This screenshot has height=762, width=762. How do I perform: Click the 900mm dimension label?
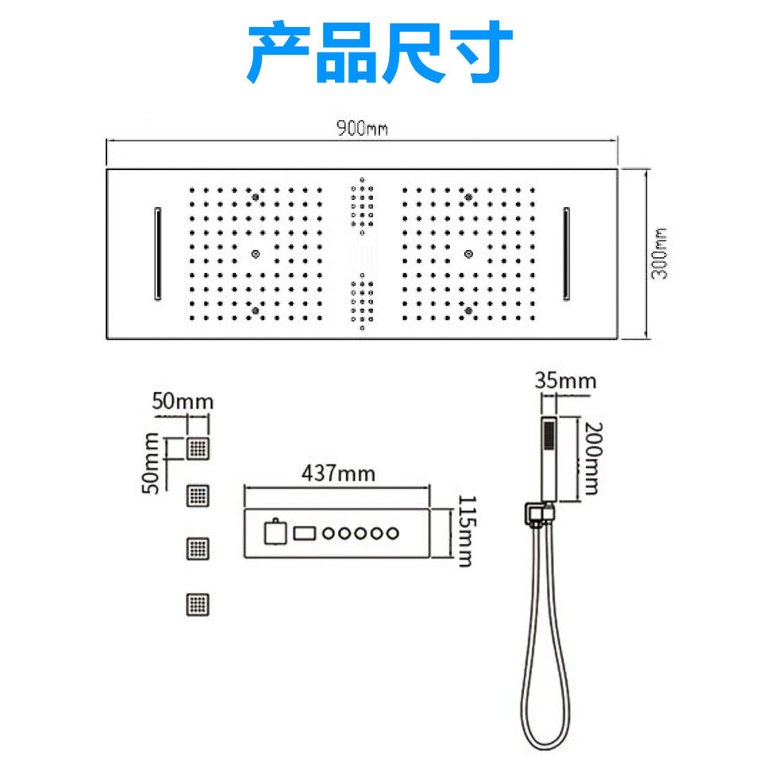pyautogui.click(x=361, y=129)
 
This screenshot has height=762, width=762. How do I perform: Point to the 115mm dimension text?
pyautogui.click(x=465, y=531)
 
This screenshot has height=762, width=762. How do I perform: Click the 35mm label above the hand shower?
pyautogui.click(x=565, y=380)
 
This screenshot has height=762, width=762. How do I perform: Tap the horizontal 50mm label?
pyautogui.click(x=183, y=401)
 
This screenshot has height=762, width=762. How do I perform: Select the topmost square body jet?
pyautogui.click(x=198, y=448)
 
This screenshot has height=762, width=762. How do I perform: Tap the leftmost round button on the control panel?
pyautogui.click(x=329, y=533)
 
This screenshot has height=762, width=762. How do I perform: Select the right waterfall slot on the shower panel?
pyautogui.click(x=567, y=254)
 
